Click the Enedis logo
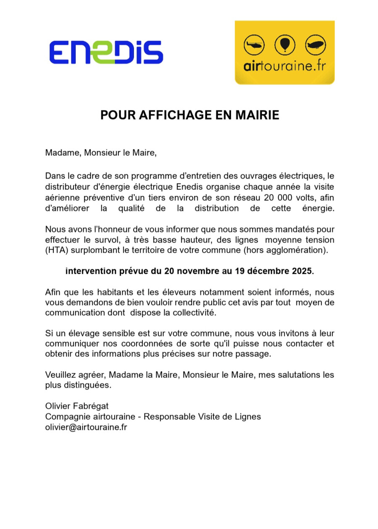(106, 52)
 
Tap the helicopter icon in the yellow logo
(255, 45)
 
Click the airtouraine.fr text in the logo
(285, 67)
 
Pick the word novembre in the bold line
(197, 271)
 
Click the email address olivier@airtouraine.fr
(86, 427)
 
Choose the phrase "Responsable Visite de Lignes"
(203, 417)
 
